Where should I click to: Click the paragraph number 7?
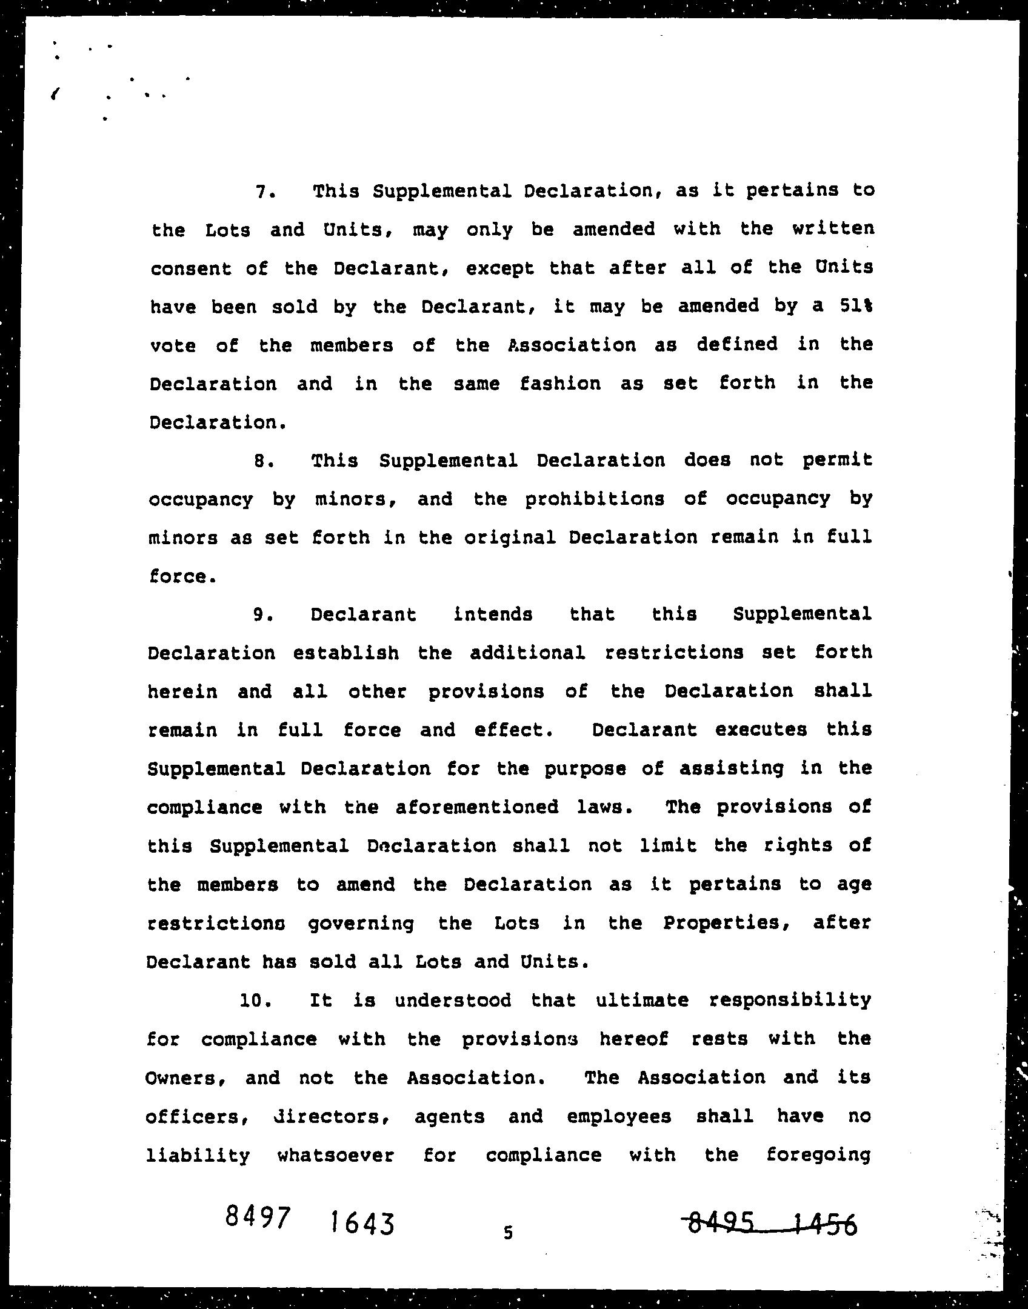click(263, 192)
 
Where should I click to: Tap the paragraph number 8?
click(262, 461)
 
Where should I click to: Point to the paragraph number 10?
click(254, 1000)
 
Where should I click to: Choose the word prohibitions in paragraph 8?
click(595, 499)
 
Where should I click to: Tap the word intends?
click(493, 615)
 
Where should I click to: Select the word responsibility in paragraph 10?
click(790, 1000)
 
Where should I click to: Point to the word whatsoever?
click(335, 1155)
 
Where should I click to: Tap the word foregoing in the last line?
click(818, 1155)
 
